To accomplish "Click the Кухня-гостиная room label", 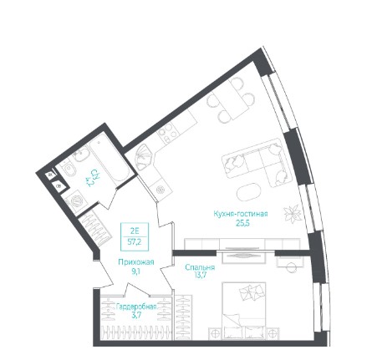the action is pos(241,214).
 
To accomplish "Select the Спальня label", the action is pos(200,267).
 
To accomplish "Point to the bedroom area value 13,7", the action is pos(201,276).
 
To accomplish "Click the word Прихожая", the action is pos(136,262).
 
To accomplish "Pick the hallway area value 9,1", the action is pos(135,271).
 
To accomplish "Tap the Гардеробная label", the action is pos(136,307).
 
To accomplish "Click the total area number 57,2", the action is pos(135,241).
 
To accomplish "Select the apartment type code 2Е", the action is pos(135,231).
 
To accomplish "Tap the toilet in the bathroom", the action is pos(68,168).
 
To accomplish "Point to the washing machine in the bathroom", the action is pos(77,200).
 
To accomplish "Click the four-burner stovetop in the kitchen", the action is pos(168,134).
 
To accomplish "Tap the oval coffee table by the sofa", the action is pos(249,192).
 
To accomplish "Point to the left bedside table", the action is pos(215,334).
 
